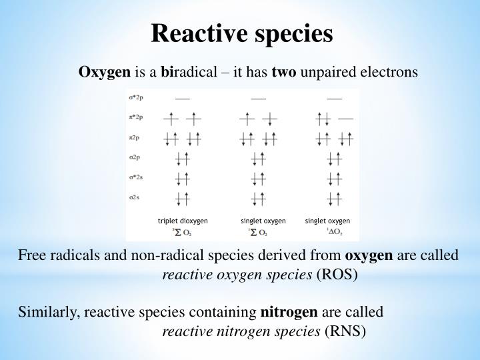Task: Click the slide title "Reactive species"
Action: [x=241, y=33]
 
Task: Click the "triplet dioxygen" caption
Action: [x=183, y=221]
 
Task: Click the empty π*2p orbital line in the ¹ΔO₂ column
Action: [x=345, y=119]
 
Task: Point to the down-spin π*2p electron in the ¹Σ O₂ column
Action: [x=269, y=119]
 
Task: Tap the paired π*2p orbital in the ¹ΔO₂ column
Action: [x=325, y=119]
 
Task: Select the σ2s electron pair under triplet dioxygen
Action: [x=182, y=199]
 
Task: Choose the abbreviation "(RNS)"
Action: [x=345, y=331]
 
